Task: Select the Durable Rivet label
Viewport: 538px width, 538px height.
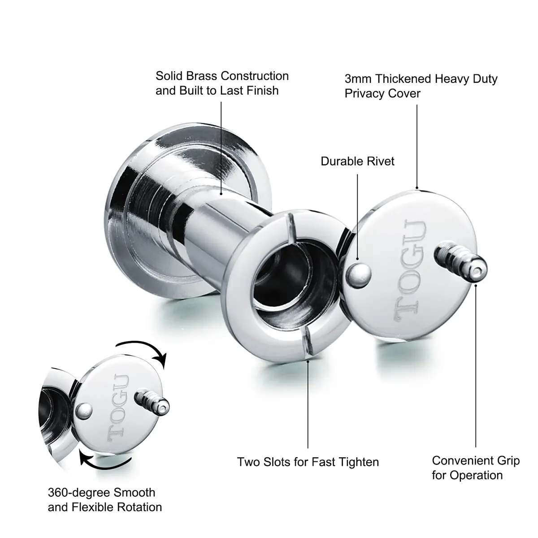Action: [x=357, y=161]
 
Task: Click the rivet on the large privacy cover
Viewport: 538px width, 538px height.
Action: [x=359, y=276]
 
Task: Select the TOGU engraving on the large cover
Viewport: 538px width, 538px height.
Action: [x=410, y=270]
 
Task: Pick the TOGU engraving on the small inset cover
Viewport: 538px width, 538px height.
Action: [x=118, y=408]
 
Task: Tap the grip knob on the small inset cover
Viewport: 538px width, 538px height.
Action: [x=152, y=401]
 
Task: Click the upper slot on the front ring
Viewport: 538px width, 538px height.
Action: [x=291, y=228]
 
